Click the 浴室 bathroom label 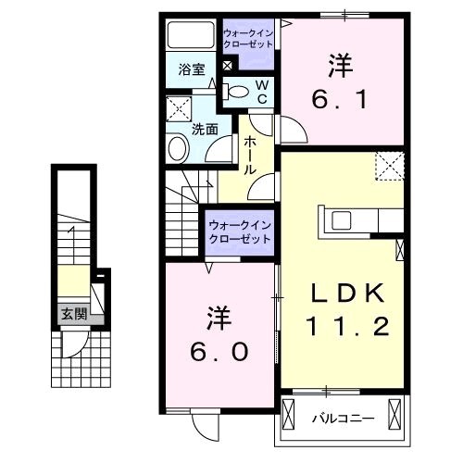(x=192, y=69)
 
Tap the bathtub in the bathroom (x=191, y=34)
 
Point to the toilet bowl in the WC (x=239, y=92)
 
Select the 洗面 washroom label (x=205, y=129)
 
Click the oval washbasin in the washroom (x=178, y=148)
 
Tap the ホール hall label (x=250, y=156)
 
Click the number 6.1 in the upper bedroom (x=340, y=99)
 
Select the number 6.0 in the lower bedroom (x=219, y=352)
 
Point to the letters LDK (x=348, y=293)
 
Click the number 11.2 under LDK (x=347, y=327)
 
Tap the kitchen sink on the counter (x=341, y=220)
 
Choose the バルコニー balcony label (x=344, y=419)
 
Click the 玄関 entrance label (x=74, y=314)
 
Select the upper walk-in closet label (x=248, y=39)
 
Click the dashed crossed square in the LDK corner (x=390, y=166)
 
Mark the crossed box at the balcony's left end (x=289, y=414)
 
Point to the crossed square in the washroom (x=179, y=109)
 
